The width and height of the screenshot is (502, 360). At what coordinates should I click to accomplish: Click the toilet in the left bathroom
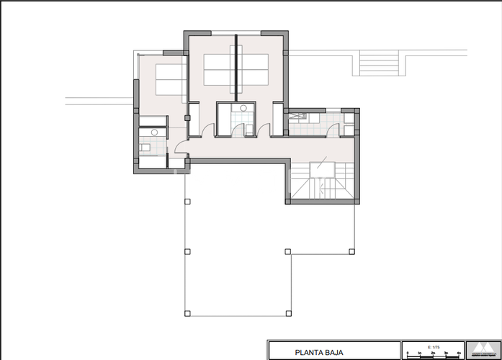click(x=145, y=147)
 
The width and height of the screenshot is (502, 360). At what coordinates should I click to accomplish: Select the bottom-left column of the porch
click(x=187, y=313)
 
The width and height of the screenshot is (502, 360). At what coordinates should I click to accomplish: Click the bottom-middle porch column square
click(x=288, y=313)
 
